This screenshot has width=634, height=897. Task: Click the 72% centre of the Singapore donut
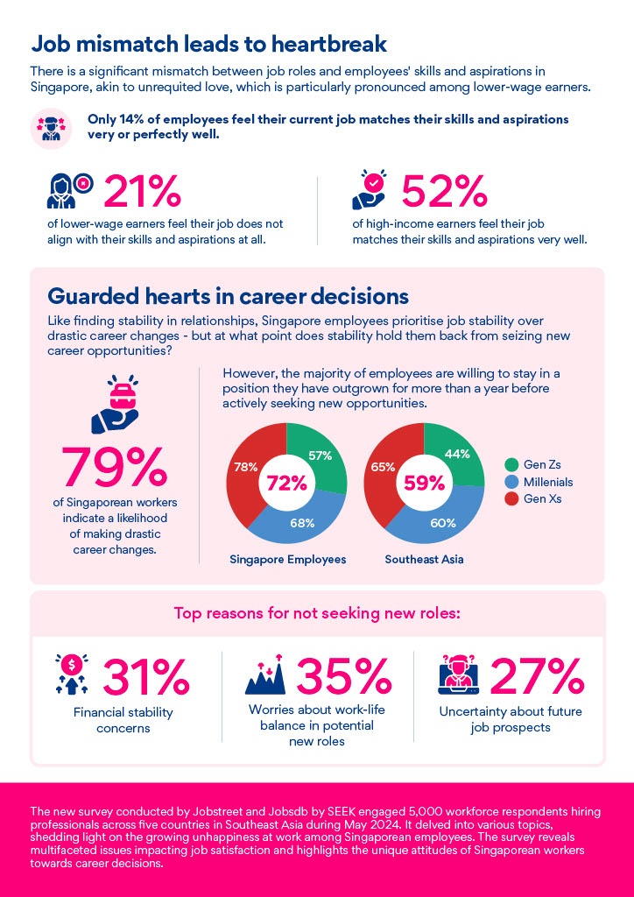coord(286,483)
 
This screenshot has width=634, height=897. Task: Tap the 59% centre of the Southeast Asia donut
coord(423,483)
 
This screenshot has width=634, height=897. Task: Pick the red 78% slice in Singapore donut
coord(245,469)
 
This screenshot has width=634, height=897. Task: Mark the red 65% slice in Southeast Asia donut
coord(382,469)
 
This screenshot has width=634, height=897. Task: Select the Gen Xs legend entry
coord(536,498)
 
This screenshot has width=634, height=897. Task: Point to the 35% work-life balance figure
coord(343,675)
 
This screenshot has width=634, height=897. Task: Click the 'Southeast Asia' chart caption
coord(424,558)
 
